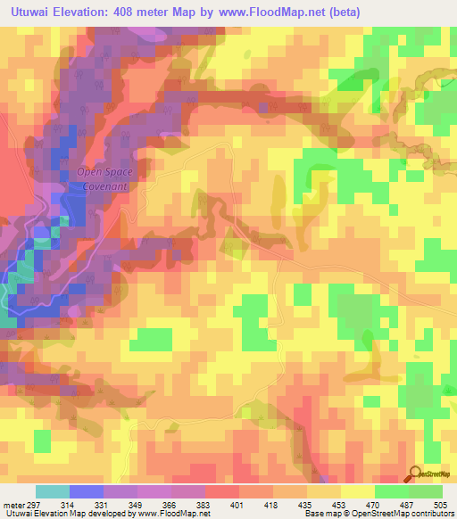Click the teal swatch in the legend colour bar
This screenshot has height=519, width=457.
click(52, 491)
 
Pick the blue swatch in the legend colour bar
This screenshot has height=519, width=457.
click(86, 491)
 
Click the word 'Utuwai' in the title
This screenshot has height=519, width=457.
click(30, 12)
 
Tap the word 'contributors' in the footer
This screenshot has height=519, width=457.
click(430, 514)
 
